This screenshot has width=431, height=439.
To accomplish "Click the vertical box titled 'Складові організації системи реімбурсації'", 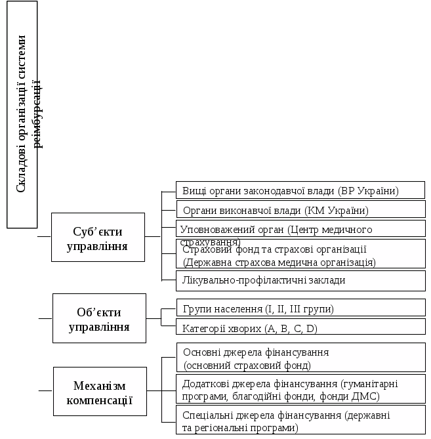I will (x=22, y=115).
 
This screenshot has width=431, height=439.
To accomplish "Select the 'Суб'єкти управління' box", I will (x=98, y=237).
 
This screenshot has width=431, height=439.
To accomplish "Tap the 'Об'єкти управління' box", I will (x=98, y=318).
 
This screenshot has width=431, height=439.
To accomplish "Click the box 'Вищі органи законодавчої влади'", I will (x=300, y=190).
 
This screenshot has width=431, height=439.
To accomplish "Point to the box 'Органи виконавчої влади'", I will (x=300, y=210).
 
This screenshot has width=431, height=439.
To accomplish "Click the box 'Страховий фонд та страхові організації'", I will (x=300, y=255).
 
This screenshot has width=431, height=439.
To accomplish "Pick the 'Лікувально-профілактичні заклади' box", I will (x=300, y=280).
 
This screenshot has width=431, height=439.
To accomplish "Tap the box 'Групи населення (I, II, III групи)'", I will (x=300, y=308).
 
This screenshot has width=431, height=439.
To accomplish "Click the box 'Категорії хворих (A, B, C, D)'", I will (x=300, y=327).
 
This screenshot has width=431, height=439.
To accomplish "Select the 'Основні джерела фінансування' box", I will (x=300, y=358).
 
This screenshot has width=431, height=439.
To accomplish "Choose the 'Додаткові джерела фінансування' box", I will (x=300, y=389).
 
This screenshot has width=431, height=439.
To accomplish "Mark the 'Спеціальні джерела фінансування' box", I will (x=300, y=421).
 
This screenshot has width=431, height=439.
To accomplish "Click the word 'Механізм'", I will (x=100, y=385).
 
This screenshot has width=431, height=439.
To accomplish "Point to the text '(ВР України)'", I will (x=368, y=191).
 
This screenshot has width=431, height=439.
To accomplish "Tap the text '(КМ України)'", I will (x=337, y=211).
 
